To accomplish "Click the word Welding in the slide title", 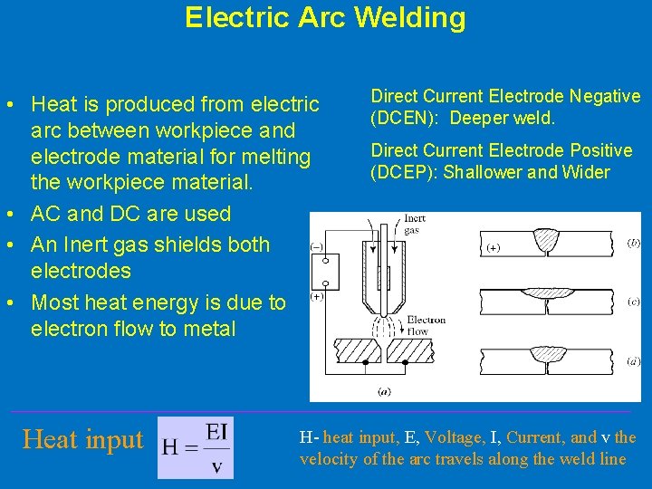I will (x=407, y=17).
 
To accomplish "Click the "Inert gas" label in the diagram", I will (x=415, y=224).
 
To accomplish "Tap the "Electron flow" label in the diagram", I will (x=426, y=325).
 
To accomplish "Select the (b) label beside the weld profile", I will (x=634, y=243).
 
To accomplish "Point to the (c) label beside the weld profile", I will (x=634, y=302).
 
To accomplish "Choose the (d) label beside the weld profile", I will (x=634, y=360).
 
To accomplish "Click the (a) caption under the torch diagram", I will (x=385, y=392).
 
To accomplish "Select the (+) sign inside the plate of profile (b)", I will (x=494, y=247).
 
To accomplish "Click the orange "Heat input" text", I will (x=83, y=440).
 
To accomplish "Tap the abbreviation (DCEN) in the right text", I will (x=398, y=119).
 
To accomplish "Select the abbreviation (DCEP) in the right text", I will (x=397, y=173).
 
